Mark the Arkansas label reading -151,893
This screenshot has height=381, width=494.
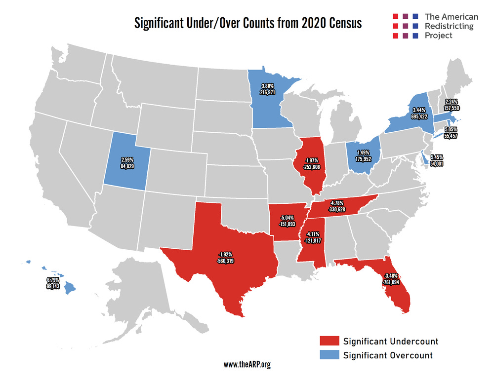(288, 221)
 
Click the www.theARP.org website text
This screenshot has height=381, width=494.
(247, 365)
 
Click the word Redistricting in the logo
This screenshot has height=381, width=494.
(449, 26)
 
